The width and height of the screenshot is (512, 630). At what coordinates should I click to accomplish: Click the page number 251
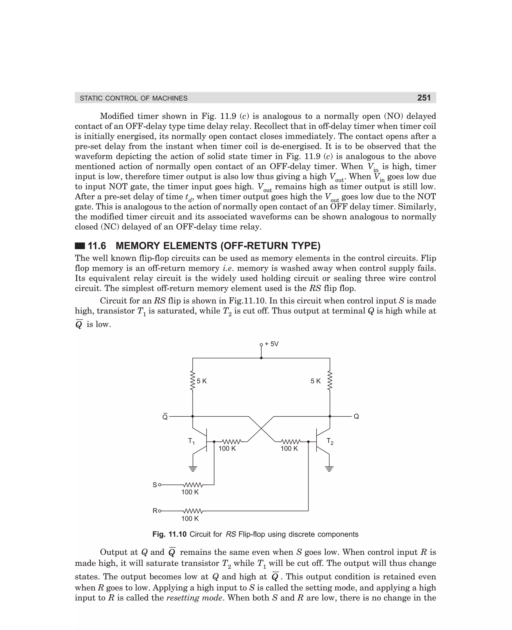424,98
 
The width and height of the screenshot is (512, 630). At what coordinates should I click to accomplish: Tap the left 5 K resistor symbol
192,381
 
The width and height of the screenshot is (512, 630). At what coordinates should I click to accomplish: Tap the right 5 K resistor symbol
330,381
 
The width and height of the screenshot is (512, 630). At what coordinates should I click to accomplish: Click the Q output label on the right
356,416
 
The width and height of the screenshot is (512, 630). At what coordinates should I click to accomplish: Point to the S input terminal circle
160,485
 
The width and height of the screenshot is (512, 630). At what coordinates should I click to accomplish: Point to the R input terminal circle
160,511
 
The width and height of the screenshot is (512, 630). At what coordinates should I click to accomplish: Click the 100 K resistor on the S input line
193,485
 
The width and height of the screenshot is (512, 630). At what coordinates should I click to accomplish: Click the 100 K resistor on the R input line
193,511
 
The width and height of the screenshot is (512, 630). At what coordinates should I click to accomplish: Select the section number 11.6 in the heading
97,246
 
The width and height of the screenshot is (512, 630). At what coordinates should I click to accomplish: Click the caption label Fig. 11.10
169,534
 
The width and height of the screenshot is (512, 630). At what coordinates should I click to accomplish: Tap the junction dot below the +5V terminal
261,358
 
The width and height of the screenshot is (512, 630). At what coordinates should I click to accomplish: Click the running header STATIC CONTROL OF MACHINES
133,98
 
